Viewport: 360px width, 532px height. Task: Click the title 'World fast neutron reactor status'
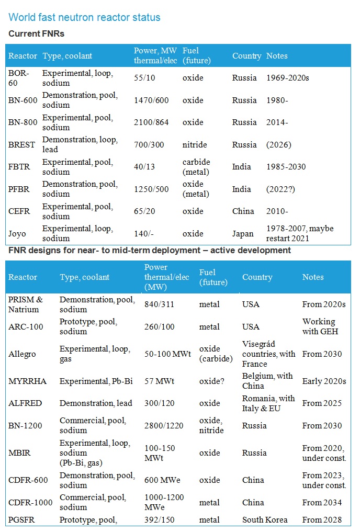(x=84, y=17)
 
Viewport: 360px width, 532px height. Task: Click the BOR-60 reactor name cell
(x=19, y=78)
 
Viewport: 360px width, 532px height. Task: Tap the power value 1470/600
(x=151, y=100)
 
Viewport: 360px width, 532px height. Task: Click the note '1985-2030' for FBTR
(x=286, y=167)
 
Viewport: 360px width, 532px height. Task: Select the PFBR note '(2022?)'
(x=280, y=189)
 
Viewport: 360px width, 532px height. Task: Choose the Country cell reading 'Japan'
(x=243, y=234)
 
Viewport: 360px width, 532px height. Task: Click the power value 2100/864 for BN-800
(x=151, y=122)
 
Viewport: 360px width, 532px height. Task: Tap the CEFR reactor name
(x=20, y=211)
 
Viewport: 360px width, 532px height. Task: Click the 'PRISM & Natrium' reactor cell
(x=26, y=304)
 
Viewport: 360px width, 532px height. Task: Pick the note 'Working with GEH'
(x=320, y=326)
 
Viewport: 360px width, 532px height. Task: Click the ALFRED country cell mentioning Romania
(x=268, y=403)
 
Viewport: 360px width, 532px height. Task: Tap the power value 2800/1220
(x=164, y=426)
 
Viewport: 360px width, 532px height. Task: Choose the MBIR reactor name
(x=20, y=453)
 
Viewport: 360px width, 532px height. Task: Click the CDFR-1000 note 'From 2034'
(x=322, y=503)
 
